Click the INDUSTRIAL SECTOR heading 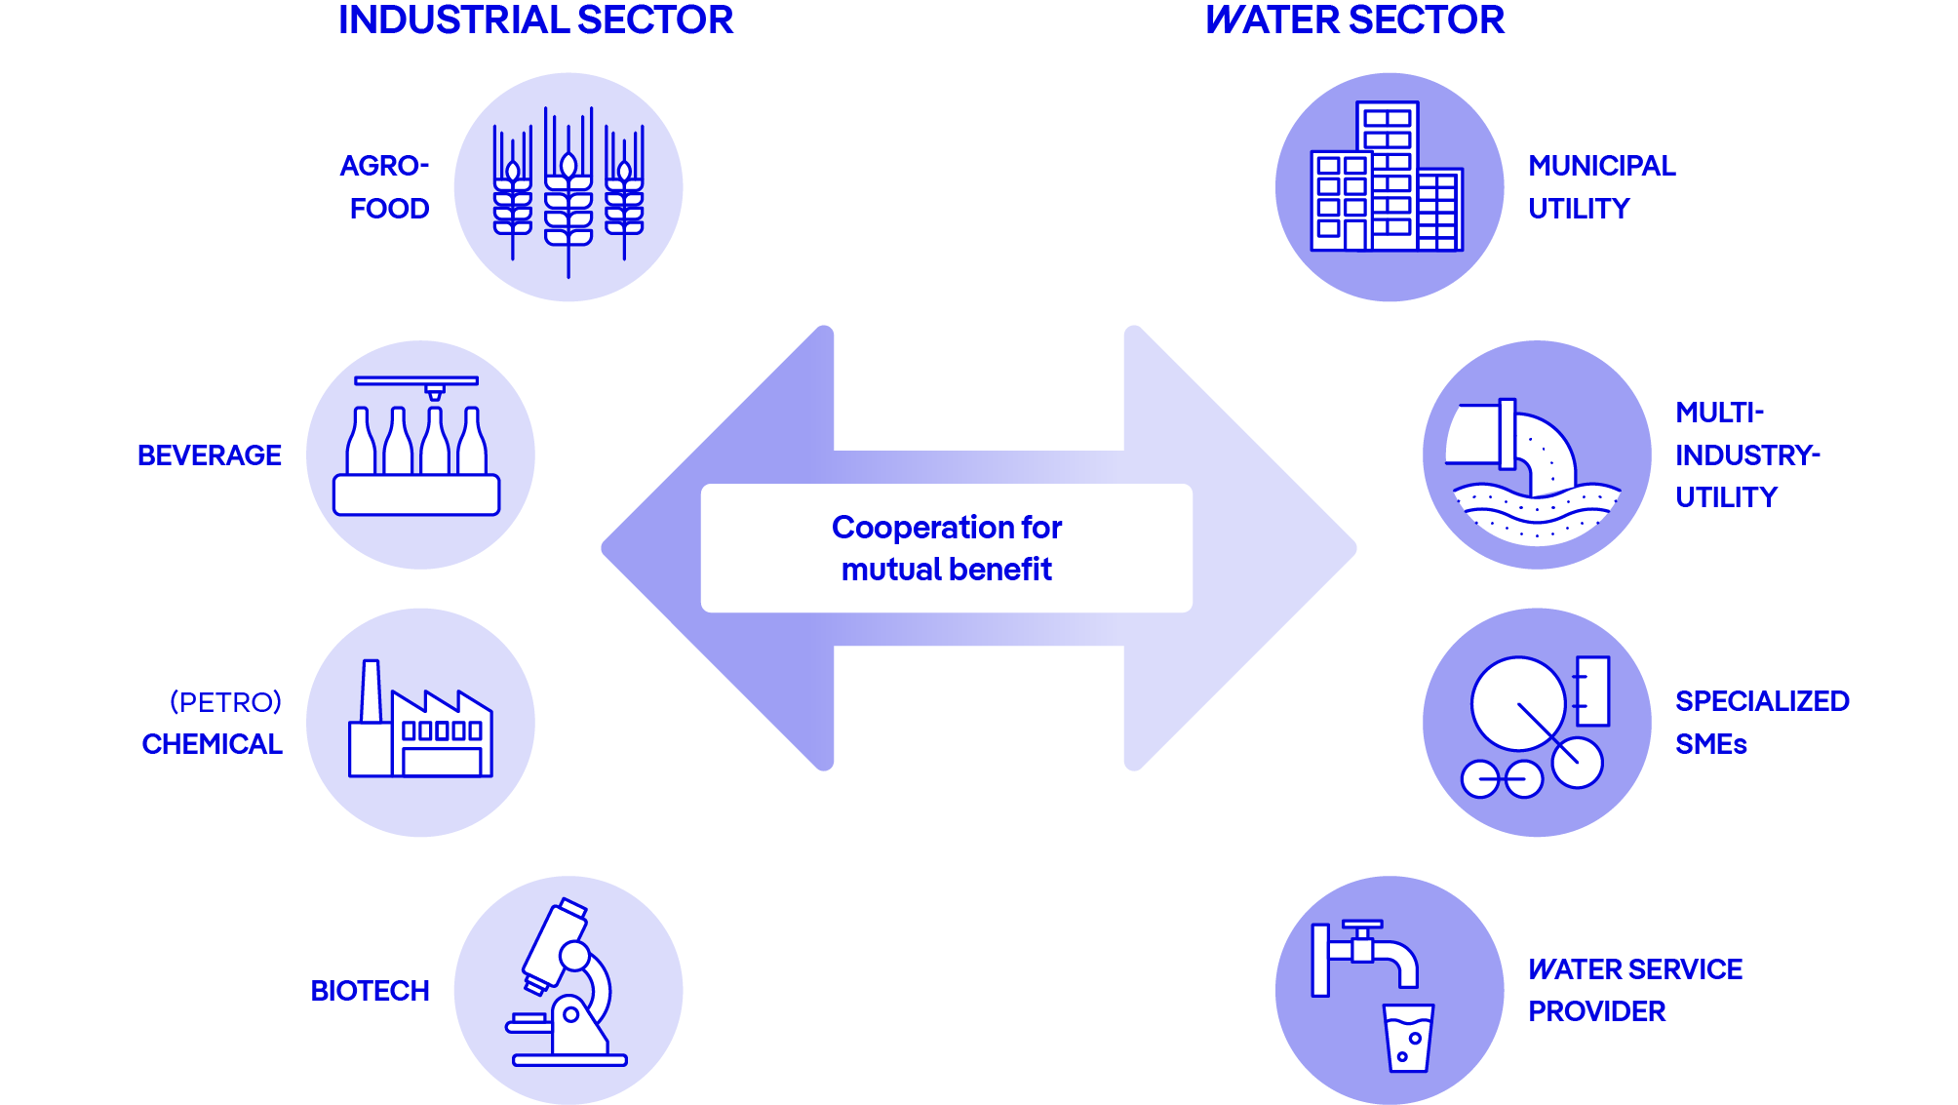[535, 20]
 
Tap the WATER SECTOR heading [1354, 20]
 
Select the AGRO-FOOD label [386, 186]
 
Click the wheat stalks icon [568, 188]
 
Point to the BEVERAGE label [210, 455]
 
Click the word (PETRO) [225, 702]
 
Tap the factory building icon [420, 722]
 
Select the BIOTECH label [370, 991]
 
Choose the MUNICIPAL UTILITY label [1601, 186]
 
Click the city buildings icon [1387, 181]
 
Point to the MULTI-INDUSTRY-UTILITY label [1746, 455]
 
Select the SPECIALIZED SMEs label [1761, 723]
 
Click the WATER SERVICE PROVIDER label [1634, 990]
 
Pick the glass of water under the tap [1408, 1038]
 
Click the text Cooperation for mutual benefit [946, 548]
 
